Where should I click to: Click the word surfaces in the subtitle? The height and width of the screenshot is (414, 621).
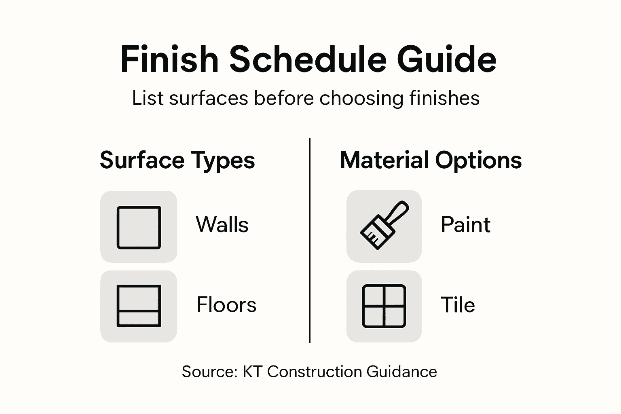point(209,98)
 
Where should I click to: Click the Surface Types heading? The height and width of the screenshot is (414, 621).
point(177,160)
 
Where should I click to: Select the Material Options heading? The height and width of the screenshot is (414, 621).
point(431,160)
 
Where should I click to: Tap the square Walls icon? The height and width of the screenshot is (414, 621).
point(139,227)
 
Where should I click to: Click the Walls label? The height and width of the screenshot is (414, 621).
point(222,225)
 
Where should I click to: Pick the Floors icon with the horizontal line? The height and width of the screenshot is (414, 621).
point(139,306)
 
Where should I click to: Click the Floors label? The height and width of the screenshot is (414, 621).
point(226,305)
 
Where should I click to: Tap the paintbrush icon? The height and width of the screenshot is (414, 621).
point(384,226)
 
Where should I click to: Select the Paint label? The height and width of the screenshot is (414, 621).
point(465,225)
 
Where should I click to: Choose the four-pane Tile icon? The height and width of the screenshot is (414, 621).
point(384,306)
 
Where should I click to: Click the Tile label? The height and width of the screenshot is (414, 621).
point(458,305)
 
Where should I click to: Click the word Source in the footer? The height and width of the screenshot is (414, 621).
point(209,372)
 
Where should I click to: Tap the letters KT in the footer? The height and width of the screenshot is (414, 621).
point(253,372)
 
